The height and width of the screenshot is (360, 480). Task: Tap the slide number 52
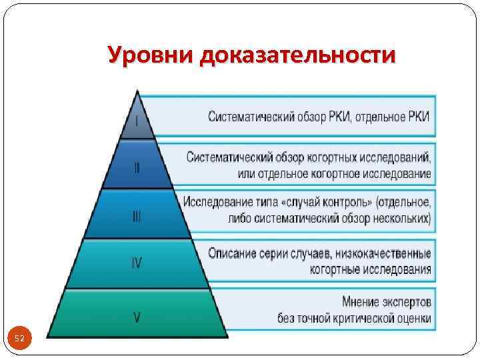(19, 339)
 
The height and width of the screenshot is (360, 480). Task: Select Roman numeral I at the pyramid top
(137, 121)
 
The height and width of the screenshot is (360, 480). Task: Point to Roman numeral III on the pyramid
(136, 217)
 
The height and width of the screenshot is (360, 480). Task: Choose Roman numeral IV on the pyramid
(136, 263)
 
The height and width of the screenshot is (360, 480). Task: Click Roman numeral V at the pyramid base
(137, 317)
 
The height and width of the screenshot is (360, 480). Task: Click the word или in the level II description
(245, 175)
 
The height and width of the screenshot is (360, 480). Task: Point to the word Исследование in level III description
(220, 201)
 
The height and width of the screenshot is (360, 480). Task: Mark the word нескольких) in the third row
(400, 217)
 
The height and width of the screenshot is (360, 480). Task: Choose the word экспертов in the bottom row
(406, 301)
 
